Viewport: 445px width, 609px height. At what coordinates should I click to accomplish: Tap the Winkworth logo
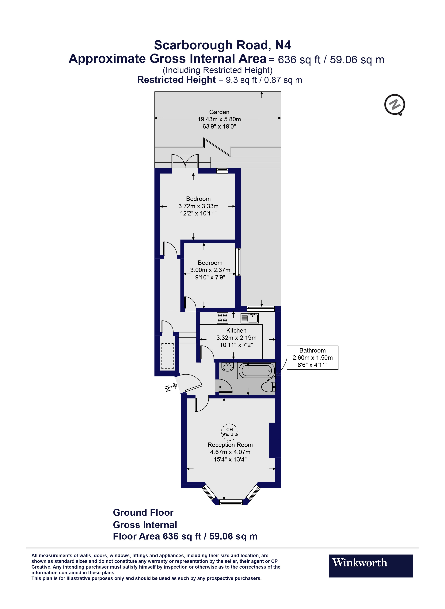pos(370,566)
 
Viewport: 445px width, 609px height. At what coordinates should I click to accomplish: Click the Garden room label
pos(219,112)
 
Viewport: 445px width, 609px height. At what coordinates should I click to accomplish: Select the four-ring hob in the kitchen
pos(222,318)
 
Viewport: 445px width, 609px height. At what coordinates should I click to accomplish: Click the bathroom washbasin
pos(228,367)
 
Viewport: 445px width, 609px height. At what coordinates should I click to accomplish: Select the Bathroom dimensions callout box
pos(313,358)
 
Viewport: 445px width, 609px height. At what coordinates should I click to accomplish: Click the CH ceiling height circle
pos(230,432)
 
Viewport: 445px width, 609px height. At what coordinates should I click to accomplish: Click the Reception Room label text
pos(230,445)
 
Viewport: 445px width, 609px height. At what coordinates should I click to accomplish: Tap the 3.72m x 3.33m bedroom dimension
pos(198,206)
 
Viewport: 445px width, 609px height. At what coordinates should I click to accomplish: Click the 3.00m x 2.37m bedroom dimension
pos(210,270)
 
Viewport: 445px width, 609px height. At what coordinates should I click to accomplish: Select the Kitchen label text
pos(236,331)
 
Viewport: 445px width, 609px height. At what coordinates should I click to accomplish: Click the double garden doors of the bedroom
pos(185,162)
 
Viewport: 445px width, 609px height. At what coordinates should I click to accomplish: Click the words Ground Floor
pos(143,513)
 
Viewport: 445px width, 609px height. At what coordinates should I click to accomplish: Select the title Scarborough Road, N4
pos(222,45)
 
